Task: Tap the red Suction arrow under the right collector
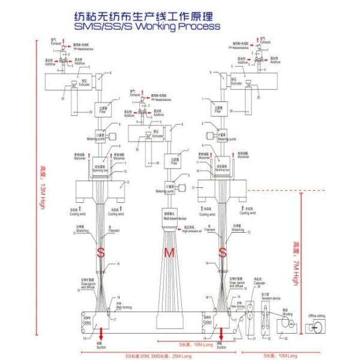[222, 335]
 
